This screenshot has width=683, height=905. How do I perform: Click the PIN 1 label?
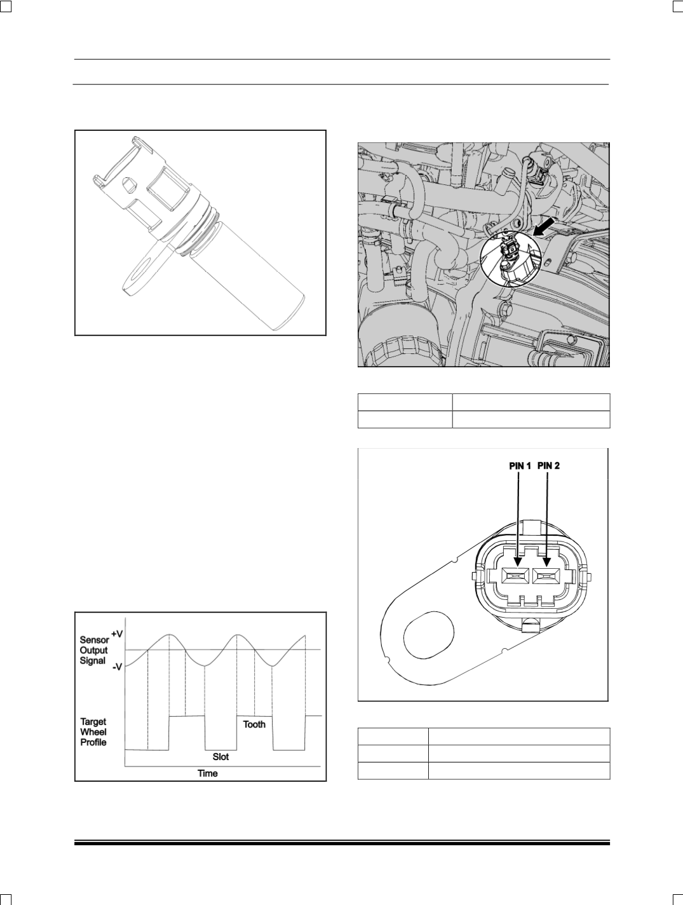520,466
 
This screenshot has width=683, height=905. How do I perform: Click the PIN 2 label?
549,466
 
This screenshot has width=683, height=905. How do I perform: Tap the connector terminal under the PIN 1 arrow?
515,576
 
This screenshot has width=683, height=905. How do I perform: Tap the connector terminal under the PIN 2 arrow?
546,576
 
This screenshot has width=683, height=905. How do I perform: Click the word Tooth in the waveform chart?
254,725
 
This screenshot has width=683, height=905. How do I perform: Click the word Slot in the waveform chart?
220,757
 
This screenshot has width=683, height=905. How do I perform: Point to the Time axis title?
207,773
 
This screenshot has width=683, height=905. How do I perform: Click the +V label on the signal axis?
117,634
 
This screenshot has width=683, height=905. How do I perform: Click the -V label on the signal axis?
118,667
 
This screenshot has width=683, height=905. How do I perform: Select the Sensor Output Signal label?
94,650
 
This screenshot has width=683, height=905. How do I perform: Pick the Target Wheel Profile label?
93,732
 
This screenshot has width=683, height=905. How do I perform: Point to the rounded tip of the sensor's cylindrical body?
290,315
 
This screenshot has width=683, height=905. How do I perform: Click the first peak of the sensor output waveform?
169,635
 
